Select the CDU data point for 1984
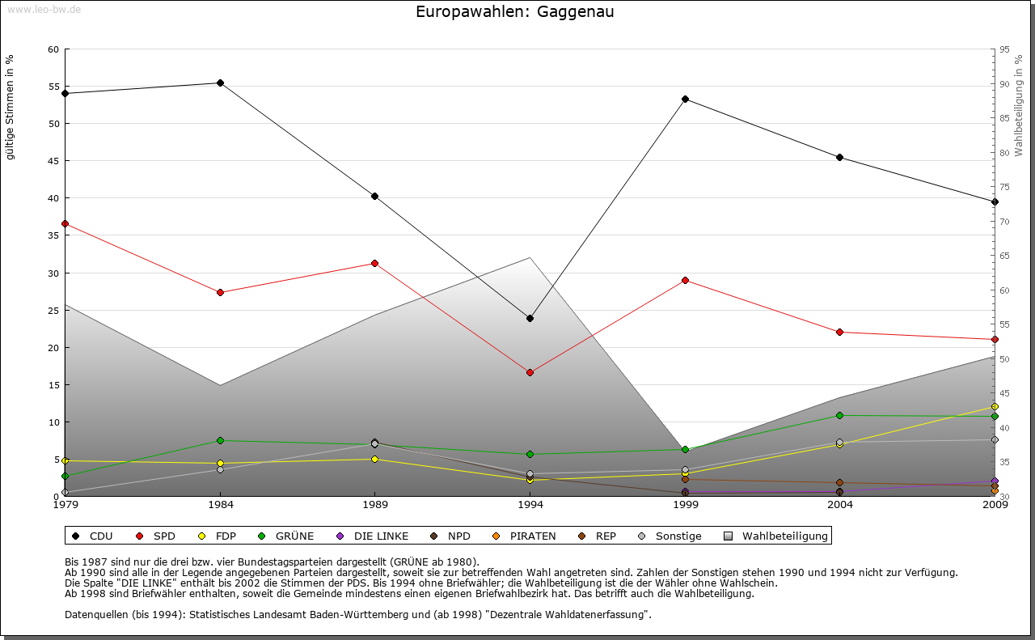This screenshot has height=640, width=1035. [x=220, y=83]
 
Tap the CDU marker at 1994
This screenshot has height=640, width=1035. [x=530, y=318]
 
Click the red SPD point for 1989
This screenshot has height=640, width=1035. [x=374, y=263]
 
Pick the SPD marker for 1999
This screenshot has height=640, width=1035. [x=685, y=280]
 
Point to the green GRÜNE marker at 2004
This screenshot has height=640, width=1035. [x=840, y=415]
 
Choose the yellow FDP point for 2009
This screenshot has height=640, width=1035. [x=995, y=406]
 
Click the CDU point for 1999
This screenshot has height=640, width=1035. [x=685, y=99]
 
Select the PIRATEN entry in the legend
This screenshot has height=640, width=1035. [x=532, y=536]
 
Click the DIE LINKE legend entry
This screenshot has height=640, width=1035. [x=380, y=536]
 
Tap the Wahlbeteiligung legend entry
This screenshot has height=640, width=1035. [x=784, y=536]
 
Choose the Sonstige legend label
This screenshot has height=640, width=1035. [x=678, y=536]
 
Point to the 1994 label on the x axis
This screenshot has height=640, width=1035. [x=530, y=506]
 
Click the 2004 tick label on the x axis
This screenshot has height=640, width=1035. [x=840, y=506]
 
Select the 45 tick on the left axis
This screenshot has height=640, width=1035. [x=53, y=161]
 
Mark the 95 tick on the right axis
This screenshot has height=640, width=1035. [x=1004, y=49]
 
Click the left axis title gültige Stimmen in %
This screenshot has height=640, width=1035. [x=11, y=107]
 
